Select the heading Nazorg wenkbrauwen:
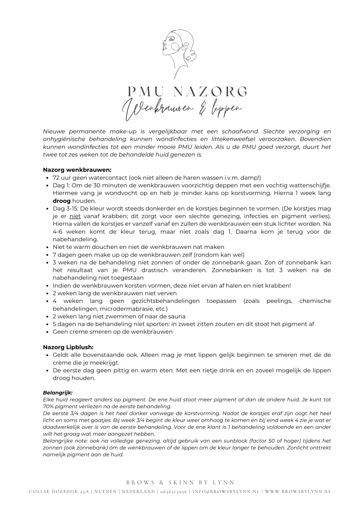click(77, 170)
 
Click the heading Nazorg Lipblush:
click(68, 347)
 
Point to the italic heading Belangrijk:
click(58, 392)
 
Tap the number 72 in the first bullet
click(57, 178)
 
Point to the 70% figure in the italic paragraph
click(49, 406)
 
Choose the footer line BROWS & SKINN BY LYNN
click(180, 482)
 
